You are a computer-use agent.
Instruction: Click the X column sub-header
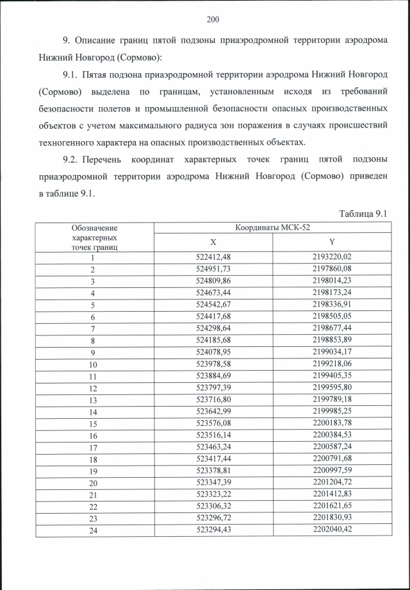[213, 242]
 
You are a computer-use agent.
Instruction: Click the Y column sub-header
[332, 242]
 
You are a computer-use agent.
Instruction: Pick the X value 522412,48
[213, 257]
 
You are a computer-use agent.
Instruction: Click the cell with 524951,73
[213, 269]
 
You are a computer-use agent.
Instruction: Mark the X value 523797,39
[213, 389]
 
